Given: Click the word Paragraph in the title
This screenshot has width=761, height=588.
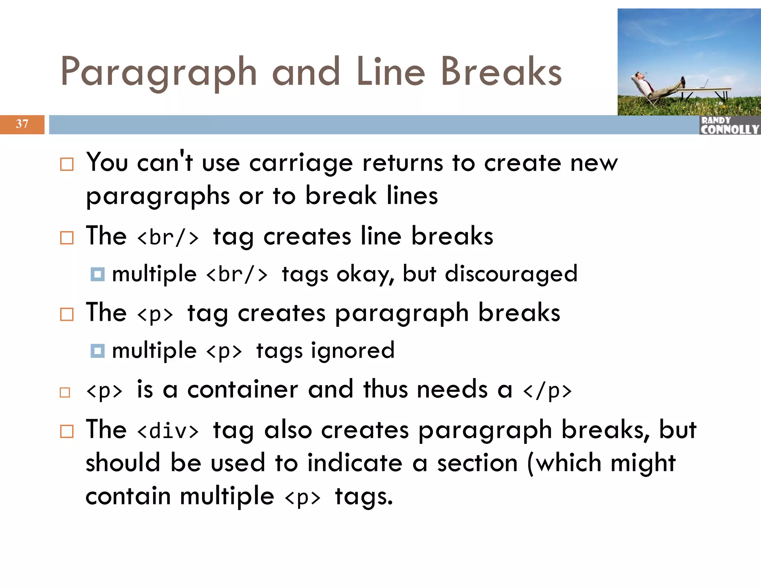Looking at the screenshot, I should pos(159,72).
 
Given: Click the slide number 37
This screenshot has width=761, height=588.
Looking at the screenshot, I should pos(22,124).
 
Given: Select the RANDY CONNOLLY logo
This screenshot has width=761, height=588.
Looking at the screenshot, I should pos(729,125).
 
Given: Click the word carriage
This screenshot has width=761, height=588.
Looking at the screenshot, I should pos(301,164).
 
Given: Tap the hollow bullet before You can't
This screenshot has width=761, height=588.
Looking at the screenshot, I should pos(67,164).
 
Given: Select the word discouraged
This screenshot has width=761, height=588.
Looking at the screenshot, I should pos(511,274).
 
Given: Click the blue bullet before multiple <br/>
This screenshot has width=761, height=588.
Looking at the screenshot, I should pos(97,274).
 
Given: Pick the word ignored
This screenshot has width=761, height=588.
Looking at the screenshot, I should pos(353,350).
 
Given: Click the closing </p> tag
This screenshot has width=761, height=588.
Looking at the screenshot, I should pos(547,391).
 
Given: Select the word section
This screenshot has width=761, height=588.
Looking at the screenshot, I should pos(477,463).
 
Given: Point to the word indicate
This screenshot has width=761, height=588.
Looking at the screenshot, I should pos(355,463).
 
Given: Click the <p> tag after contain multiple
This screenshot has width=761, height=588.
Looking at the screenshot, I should pos(302,497).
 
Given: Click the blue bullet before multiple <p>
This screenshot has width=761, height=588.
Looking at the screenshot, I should pos(97,350).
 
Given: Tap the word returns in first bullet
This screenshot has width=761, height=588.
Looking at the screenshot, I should pos(402,163).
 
